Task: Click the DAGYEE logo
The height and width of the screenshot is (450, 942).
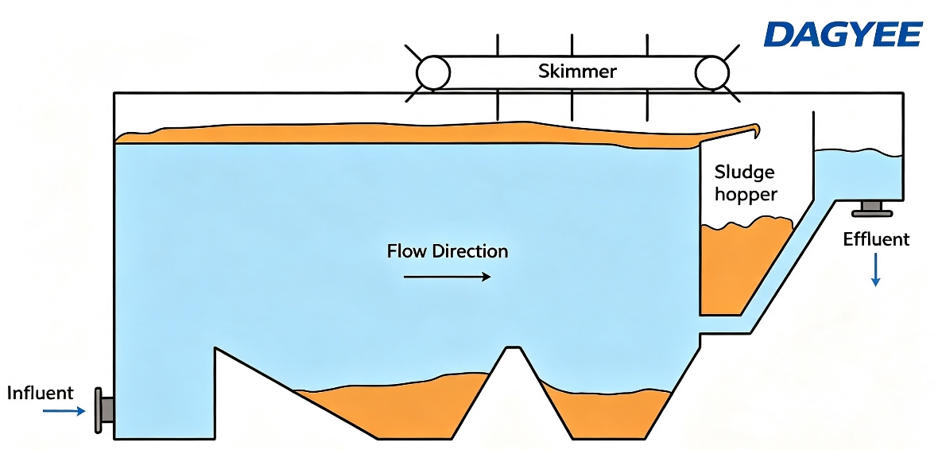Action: click(843, 34)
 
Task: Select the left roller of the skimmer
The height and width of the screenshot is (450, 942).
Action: click(433, 72)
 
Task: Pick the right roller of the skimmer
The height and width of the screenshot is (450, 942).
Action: click(712, 72)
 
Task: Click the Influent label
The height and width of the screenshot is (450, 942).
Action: click(41, 394)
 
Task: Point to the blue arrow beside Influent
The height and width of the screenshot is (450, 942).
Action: click(65, 412)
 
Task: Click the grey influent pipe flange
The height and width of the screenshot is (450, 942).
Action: click(103, 410)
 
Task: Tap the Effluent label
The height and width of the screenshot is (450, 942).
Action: click(876, 240)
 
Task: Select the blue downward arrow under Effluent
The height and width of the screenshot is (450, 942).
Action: click(876, 270)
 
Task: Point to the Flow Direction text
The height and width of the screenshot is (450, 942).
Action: click(448, 250)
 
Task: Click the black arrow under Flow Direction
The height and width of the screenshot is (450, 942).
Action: click(448, 277)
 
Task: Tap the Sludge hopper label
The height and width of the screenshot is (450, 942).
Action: click(746, 183)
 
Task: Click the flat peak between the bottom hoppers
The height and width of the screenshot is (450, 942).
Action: click(513, 347)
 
